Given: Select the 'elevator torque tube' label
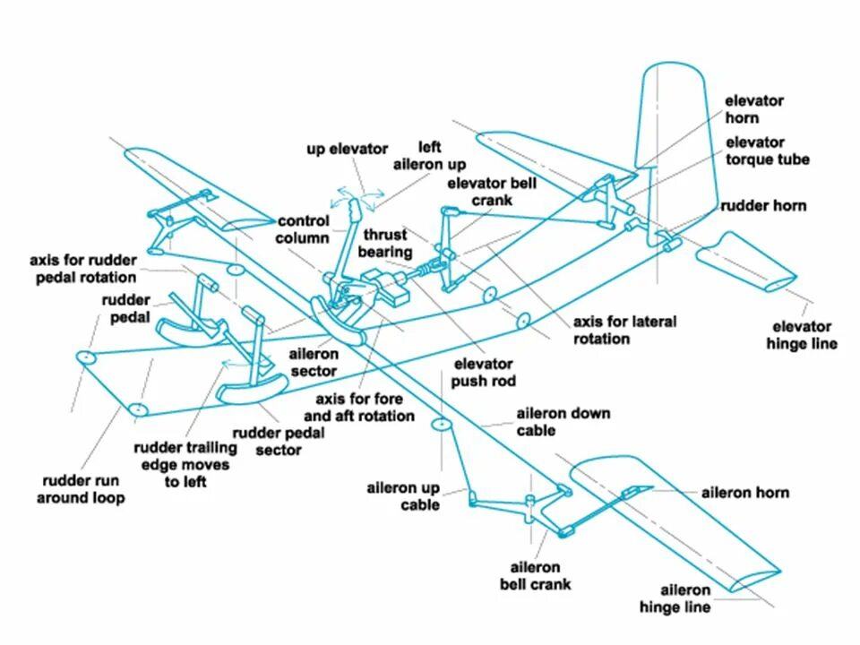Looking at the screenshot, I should pyautogui.click(x=767, y=150).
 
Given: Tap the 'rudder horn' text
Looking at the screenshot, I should pyautogui.click(x=763, y=206).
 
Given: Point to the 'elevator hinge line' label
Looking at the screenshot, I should pyautogui.click(x=802, y=335).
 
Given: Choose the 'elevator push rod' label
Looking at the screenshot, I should pyautogui.click(x=484, y=373).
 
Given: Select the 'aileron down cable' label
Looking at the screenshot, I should pyautogui.click(x=563, y=422).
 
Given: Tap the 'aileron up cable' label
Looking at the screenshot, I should pyautogui.click(x=403, y=496).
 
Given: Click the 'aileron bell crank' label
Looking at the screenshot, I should pyautogui.click(x=535, y=575).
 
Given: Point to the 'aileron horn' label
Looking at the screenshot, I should pyautogui.click(x=744, y=493).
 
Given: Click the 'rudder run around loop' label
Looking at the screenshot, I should pyautogui.click(x=81, y=488).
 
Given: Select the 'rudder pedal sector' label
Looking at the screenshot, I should pyautogui.click(x=279, y=441).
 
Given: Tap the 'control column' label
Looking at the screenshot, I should pyautogui.click(x=303, y=229).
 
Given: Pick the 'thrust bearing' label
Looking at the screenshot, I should pyautogui.click(x=386, y=244).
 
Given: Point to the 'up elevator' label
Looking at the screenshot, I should pyautogui.click(x=348, y=149).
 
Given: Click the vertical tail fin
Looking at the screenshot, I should pyautogui.click(x=676, y=134).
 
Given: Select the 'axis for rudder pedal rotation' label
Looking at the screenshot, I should pyautogui.click(x=82, y=269).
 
